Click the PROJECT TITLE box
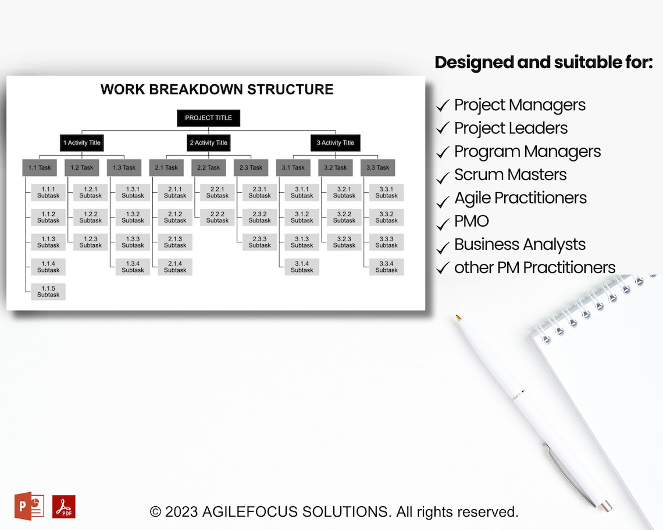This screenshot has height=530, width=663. tap(208, 118)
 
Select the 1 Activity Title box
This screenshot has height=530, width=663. tap(82, 143)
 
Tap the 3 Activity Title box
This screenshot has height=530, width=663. tap(335, 143)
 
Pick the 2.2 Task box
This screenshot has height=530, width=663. tap(208, 168)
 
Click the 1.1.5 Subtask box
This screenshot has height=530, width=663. tap(48, 292)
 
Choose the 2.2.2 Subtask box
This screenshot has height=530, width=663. tap(218, 217)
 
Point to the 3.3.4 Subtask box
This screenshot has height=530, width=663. tap(386, 267)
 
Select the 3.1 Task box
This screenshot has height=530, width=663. tap(293, 168)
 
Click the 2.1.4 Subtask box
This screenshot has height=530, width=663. tap(175, 267)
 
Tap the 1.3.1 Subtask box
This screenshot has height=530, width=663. tap(133, 192)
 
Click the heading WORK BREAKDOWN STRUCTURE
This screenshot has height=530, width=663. tap(217, 89)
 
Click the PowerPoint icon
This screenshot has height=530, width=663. tap(29, 506)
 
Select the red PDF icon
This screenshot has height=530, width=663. tap(63, 507)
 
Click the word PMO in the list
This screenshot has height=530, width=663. tap(471, 221)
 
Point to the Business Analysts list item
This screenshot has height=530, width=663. tap(519, 245)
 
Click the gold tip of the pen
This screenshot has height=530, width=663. tap(458, 318)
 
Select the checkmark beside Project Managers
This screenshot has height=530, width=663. tap(443, 106)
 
